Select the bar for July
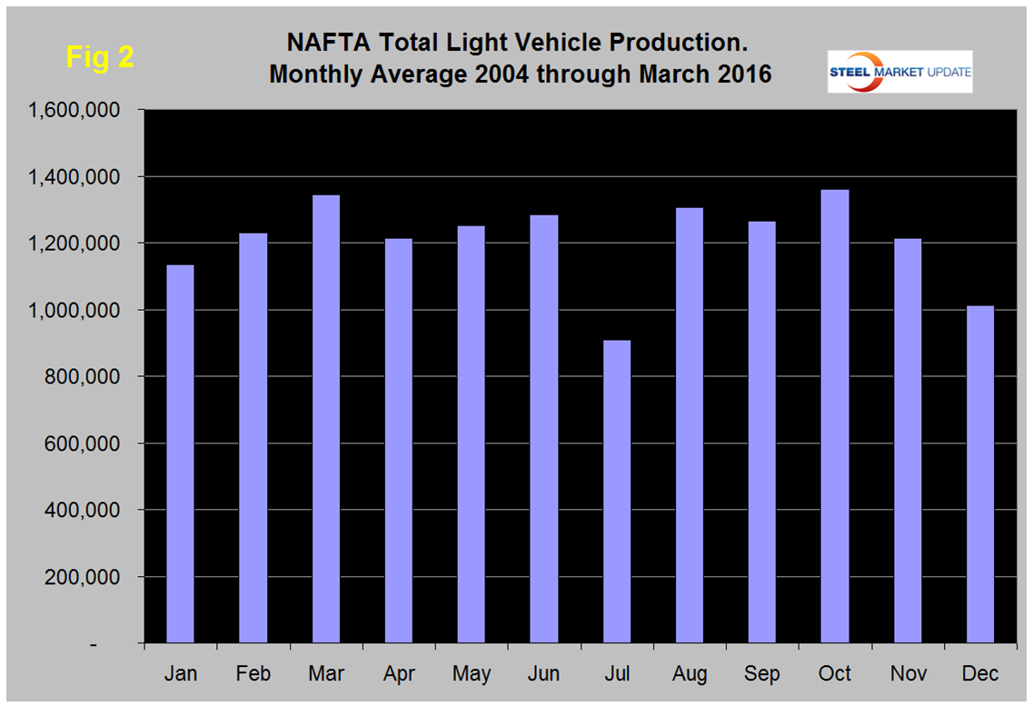point(616,492)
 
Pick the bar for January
point(180,454)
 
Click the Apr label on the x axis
point(399,673)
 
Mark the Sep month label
point(761,673)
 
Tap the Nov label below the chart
point(907,673)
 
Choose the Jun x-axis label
point(544,673)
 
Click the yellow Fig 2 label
point(100,57)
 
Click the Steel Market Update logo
point(899,72)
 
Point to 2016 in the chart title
point(740,74)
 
